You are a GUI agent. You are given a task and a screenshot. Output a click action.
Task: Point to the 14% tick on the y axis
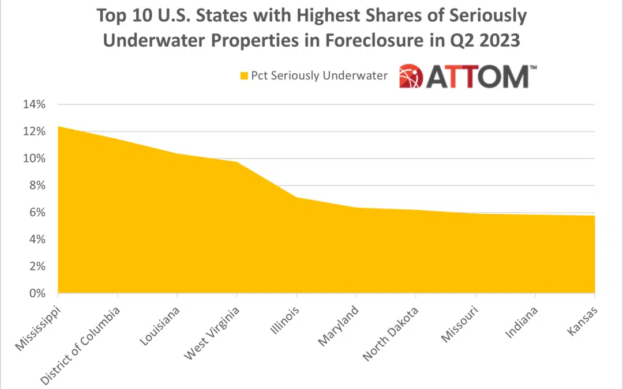tap(33, 105)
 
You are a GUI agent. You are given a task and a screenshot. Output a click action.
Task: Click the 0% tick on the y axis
tap(37, 293)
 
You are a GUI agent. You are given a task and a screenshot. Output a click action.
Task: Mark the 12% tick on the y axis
tap(33, 131)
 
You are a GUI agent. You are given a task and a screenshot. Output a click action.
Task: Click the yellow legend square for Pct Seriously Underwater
tap(244, 75)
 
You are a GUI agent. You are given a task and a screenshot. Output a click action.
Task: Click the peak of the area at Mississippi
tap(58, 126)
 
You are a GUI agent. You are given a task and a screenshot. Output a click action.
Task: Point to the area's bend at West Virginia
tap(237, 162)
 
